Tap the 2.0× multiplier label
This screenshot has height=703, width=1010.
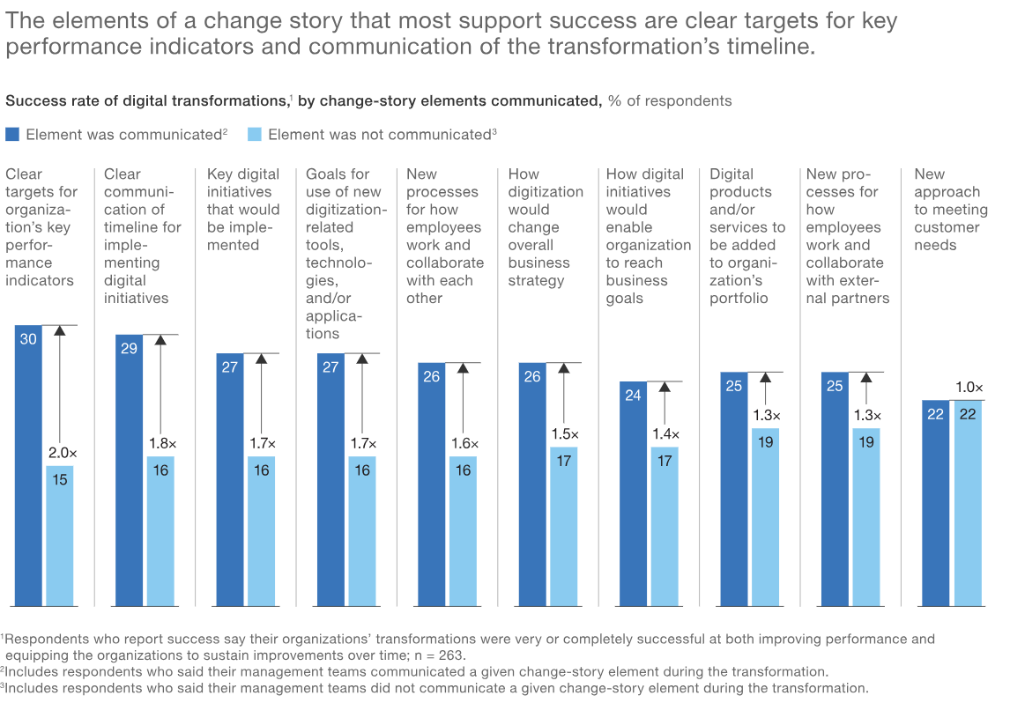click(x=63, y=453)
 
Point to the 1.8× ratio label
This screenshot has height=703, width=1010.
click(x=161, y=443)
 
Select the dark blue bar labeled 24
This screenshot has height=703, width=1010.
click(x=633, y=493)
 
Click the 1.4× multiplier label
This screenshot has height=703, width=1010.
click(x=665, y=434)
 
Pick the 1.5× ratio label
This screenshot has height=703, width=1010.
click(x=565, y=434)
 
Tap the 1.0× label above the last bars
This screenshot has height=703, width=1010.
click(x=969, y=388)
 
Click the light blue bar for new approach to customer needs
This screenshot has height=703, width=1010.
click(x=968, y=503)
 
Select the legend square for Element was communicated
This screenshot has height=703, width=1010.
click(x=12, y=134)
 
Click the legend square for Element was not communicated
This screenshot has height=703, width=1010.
click(x=255, y=134)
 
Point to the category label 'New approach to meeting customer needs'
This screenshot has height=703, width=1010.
click(x=950, y=210)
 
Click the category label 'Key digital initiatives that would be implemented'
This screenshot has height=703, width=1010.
click(x=242, y=210)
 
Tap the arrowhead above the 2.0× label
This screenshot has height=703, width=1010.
click(x=60, y=331)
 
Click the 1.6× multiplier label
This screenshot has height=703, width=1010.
click(x=464, y=443)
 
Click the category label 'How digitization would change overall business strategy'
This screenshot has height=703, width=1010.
click(x=545, y=227)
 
